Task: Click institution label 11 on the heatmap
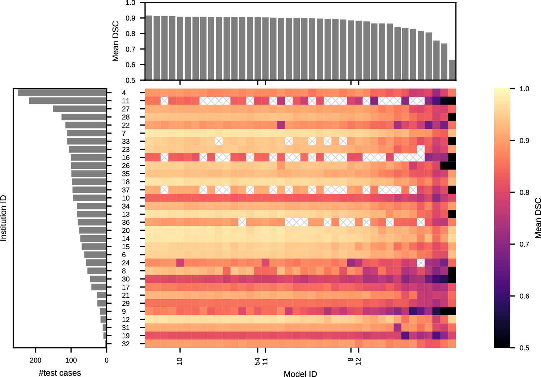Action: [126, 101]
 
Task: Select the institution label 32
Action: [126, 344]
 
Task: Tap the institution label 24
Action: [126, 263]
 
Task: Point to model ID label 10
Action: [180, 361]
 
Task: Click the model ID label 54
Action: [257, 361]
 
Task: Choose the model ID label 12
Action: [358, 361]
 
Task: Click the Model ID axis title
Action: [300, 374]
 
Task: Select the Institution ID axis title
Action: [4, 218]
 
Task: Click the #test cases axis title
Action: [60, 373]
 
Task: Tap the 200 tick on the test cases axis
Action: [35, 360]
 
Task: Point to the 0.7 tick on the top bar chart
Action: [130, 49]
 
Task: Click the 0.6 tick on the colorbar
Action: [524, 296]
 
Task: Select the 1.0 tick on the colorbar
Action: [524, 89]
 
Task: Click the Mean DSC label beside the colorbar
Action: [538, 218]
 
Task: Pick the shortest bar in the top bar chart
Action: [452, 70]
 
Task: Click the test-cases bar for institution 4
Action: [62, 93]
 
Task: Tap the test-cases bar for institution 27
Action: [80, 109]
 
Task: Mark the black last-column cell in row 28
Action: [452, 117]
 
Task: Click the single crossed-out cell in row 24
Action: [421, 263]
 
